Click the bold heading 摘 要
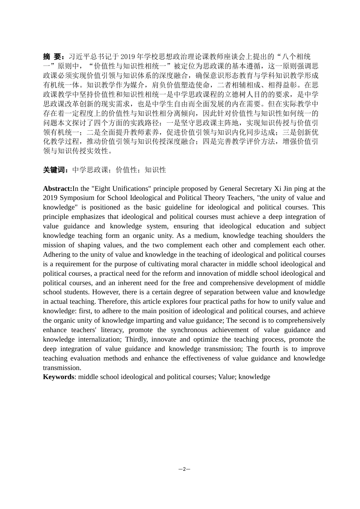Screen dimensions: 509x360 pyautogui.click(x=52, y=57)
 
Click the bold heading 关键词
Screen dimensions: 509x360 pyautogui.click(x=55, y=170)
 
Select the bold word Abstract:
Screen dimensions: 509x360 pyautogui.click(x=58, y=189)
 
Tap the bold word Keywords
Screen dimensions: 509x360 pyautogui.click(x=58, y=377)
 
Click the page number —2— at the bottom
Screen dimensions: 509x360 pyautogui.click(x=184, y=469)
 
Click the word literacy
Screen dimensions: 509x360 pyautogui.click(x=111, y=330)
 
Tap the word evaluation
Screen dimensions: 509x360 pyautogui.click(x=85, y=358)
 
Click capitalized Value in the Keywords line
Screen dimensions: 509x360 pyautogui.click(x=226, y=377)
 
